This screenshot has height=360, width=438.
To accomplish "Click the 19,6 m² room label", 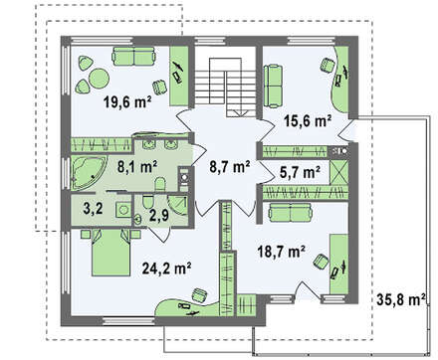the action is pos(127,101).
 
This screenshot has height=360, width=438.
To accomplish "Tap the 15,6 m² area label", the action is pos(308,121).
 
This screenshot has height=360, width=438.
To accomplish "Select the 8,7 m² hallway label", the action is pos(230,167).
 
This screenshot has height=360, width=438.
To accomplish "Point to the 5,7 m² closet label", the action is pos(300,172).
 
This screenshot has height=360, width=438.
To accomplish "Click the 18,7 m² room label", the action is pos(282,252).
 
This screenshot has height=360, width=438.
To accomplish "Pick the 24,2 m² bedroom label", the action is pos(166,269).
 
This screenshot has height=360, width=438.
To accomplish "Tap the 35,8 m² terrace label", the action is pos(401,300).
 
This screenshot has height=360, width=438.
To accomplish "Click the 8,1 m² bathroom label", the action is pos(137,167).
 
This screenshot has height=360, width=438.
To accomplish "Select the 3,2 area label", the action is pos(93,209).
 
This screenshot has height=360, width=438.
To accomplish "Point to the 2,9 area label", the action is pos(159,215).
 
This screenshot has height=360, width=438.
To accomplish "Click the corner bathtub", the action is pos(89,173).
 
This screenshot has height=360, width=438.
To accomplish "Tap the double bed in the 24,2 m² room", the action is pos(110,253).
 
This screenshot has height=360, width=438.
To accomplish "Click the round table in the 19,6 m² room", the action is pos(100,79).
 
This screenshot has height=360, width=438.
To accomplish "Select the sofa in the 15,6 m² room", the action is pos(273,87).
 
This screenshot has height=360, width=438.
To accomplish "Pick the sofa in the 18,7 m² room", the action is pos(290,212).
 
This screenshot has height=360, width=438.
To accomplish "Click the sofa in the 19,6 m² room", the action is pos(134,56).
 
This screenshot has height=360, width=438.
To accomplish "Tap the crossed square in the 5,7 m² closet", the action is pos(338,172).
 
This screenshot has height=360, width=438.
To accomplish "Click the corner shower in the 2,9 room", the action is pos(178,206).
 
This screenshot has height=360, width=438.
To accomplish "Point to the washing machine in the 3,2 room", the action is pos(123,210).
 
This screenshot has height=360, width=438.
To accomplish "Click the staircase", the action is pos(225,88).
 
